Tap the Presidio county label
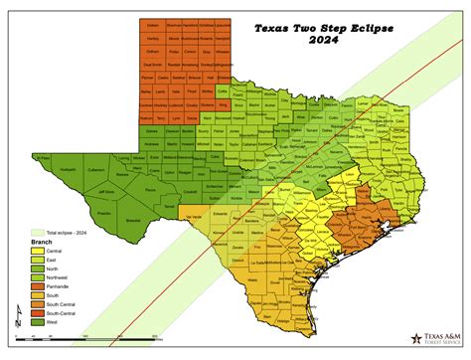coord(94,212)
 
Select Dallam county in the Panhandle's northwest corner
coord(151,22)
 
